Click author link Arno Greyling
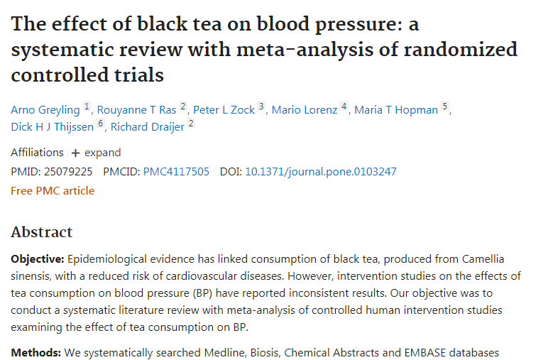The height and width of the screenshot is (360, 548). click(x=45, y=110)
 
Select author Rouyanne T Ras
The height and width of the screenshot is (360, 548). click(x=136, y=110)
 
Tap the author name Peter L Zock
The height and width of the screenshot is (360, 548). click(x=224, y=110)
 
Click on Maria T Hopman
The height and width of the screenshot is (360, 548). click(x=396, y=110)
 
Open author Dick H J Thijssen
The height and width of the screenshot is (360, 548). click(x=53, y=128)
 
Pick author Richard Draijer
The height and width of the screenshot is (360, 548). click(x=147, y=128)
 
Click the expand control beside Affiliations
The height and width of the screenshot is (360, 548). click(x=96, y=153)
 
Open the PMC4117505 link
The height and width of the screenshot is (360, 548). click(x=176, y=172)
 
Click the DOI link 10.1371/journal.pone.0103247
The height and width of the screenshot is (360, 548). click(x=321, y=172)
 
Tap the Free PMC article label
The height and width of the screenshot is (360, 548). click(x=53, y=191)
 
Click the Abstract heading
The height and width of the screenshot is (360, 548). click(x=42, y=232)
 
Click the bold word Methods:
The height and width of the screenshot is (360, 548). click(x=35, y=352)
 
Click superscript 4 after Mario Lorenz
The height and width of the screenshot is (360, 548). click(x=344, y=107)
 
